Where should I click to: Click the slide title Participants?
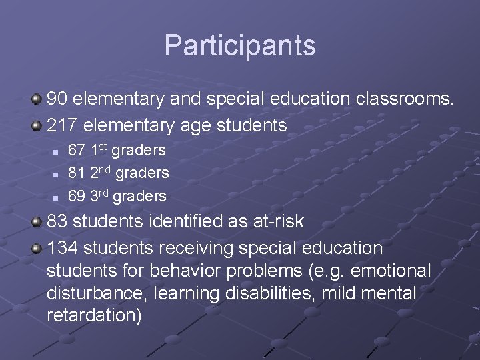coord(240,45)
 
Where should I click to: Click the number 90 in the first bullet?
coord(57,99)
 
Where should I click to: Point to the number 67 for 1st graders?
coord(77,151)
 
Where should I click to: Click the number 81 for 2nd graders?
coord(77,173)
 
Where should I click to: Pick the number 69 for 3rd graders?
coord(77,196)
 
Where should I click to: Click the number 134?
coord(63,248)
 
